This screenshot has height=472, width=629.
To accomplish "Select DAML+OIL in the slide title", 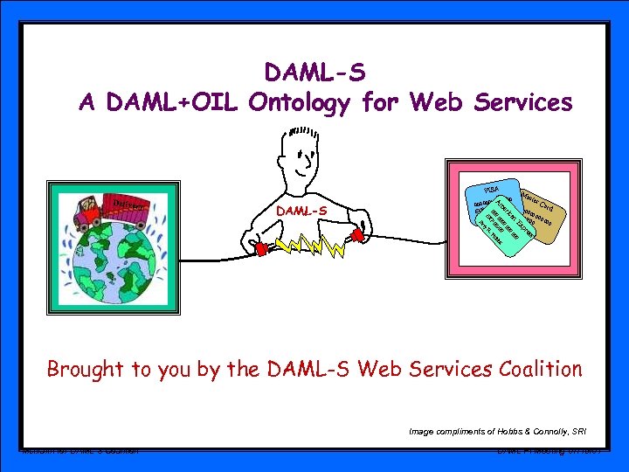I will coord(173,103).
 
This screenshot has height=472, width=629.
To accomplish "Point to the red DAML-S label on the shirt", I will coord(301,211).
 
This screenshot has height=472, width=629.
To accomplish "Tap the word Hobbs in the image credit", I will coord(495,430).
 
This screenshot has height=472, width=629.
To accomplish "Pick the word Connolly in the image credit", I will coord(542,430).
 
